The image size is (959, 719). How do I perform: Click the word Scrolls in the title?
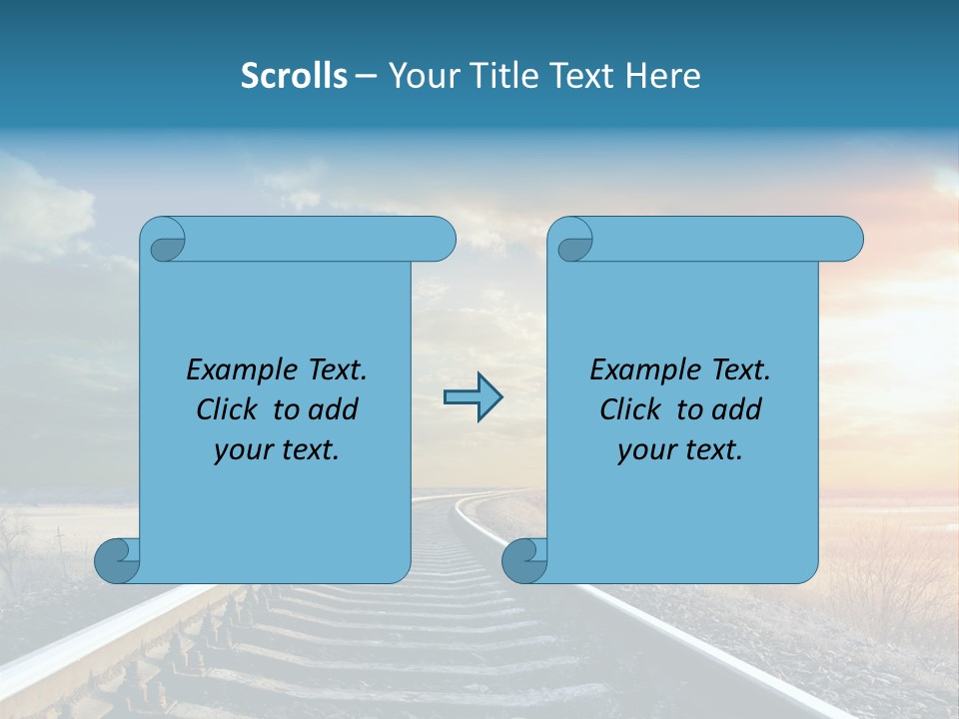point(294,76)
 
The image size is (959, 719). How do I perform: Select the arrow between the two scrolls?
point(473,397)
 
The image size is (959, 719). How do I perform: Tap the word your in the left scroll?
point(243,450)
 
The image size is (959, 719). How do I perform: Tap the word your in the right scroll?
point(646,450)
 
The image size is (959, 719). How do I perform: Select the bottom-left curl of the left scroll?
point(117,560)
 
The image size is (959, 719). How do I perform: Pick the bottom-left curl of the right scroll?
point(523,560)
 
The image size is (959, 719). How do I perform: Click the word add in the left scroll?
point(334,409)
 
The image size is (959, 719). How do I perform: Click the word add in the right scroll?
point(737,409)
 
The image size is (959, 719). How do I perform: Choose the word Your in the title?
point(423,76)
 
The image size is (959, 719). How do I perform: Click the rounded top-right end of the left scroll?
point(440,240)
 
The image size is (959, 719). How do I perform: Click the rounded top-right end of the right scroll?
point(847,240)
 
